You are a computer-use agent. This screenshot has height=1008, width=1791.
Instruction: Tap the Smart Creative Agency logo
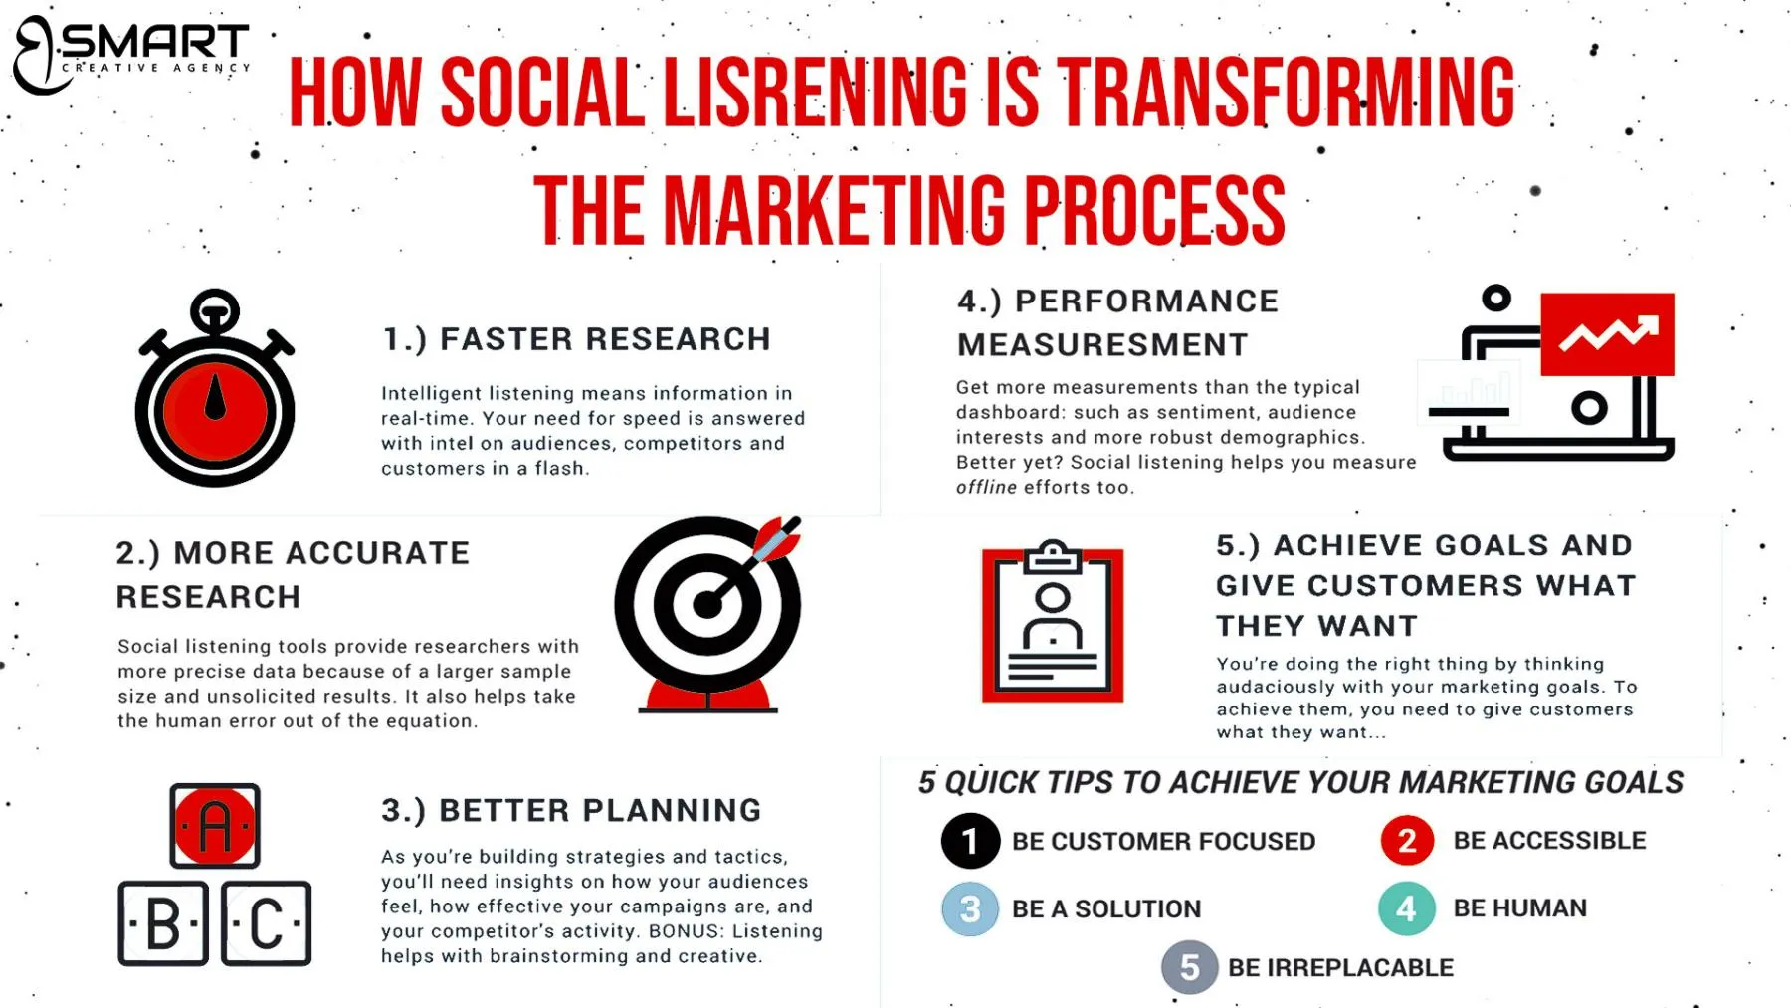[x=131, y=54]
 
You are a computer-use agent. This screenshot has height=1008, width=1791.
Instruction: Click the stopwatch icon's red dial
[x=215, y=409]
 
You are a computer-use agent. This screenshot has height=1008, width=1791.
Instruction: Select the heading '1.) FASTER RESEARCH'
[x=576, y=339]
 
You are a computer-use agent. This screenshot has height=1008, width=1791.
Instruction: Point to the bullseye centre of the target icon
[x=706, y=604]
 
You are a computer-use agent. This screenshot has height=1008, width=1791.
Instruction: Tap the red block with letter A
[x=215, y=826]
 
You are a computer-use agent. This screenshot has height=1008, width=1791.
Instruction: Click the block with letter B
[x=163, y=923]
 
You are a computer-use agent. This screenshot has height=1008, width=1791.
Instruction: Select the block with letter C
[x=267, y=923]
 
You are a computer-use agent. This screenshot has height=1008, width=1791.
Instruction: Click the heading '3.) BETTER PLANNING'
[x=571, y=810]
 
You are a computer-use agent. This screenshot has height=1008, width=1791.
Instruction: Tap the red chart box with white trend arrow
[x=1607, y=334]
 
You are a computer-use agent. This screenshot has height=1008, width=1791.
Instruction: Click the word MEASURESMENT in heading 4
[x=1102, y=345]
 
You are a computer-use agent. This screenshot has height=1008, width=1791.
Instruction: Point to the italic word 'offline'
[x=986, y=488]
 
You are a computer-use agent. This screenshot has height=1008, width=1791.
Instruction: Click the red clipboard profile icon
[x=1053, y=624]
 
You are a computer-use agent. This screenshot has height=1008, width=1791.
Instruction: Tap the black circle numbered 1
[x=970, y=842]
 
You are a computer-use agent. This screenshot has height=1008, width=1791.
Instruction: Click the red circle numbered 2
[x=1407, y=841]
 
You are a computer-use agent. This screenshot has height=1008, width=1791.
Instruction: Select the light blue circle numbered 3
[x=970, y=908]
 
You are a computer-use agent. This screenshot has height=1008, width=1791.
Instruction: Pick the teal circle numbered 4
[x=1407, y=908]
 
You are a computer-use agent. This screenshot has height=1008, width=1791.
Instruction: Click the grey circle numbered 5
[x=1189, y=967]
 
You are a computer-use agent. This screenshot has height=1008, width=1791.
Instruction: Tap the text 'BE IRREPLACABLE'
[x=1340, y=967]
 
